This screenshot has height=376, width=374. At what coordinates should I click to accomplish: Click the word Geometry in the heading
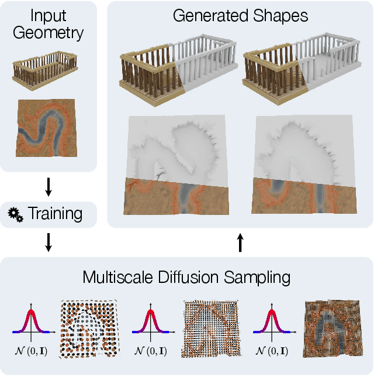pos(48,33)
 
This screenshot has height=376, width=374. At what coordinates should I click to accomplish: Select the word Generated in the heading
pos(209,16)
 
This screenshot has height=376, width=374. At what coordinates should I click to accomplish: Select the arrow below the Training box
pos(48,242)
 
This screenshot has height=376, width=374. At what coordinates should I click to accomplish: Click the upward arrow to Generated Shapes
pos(240,242)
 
